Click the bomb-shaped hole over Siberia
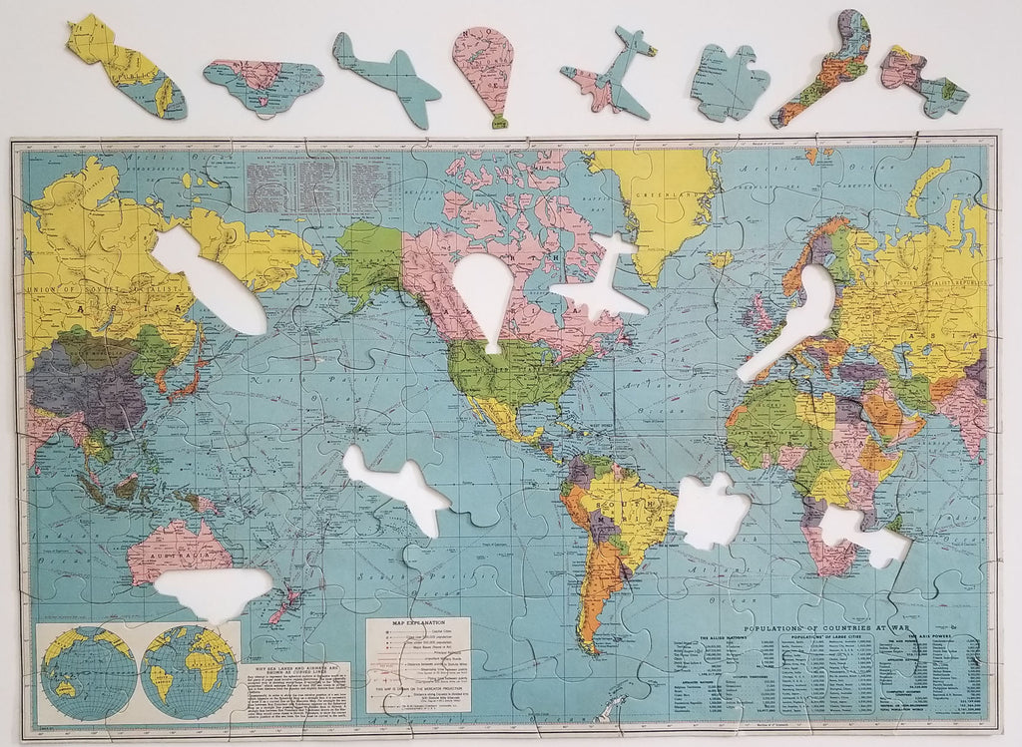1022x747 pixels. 210,278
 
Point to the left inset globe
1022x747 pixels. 89,671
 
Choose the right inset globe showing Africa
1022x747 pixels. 190,671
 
